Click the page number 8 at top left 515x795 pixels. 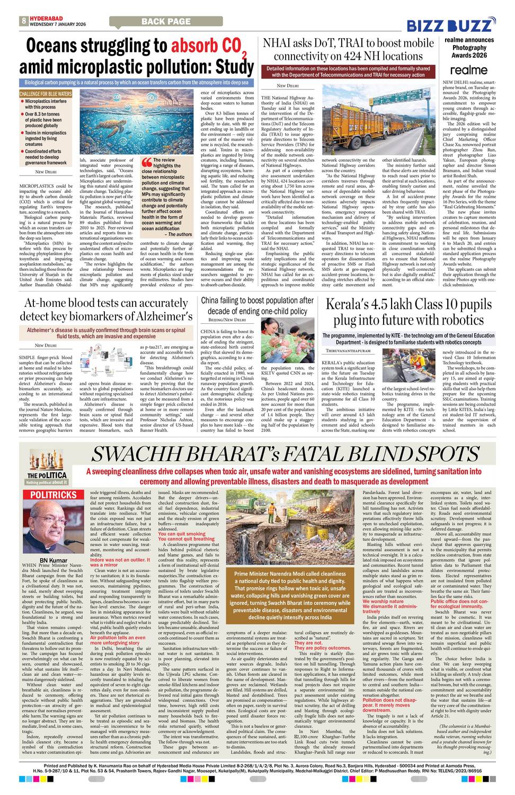[x=24, y=21]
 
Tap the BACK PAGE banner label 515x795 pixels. [x=166, y=22]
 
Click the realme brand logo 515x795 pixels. [x=468, y=70]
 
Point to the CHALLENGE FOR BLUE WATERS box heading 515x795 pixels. [x=46, y=94]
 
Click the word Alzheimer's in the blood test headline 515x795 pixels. [x=159, y=316]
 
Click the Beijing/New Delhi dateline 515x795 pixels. [x=227, y=320]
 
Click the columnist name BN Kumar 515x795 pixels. [x=54, y=560]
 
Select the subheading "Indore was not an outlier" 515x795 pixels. [x=120, y=560]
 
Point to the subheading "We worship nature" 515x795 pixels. [x=383, y=601]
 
